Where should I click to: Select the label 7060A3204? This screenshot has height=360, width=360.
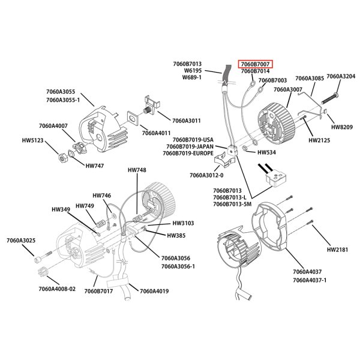340,77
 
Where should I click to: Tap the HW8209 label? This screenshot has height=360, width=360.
342,127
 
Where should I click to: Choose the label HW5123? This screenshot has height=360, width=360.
34,141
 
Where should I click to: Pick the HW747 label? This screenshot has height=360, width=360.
95,166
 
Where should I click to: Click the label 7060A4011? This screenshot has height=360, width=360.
156,133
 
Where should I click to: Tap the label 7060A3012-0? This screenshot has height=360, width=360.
206,176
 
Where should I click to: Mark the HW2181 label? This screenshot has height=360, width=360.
338,249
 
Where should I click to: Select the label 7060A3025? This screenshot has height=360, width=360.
21,241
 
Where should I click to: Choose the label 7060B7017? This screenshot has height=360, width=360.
98,292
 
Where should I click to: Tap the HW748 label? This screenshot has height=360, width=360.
137,170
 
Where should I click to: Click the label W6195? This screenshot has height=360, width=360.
192,71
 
